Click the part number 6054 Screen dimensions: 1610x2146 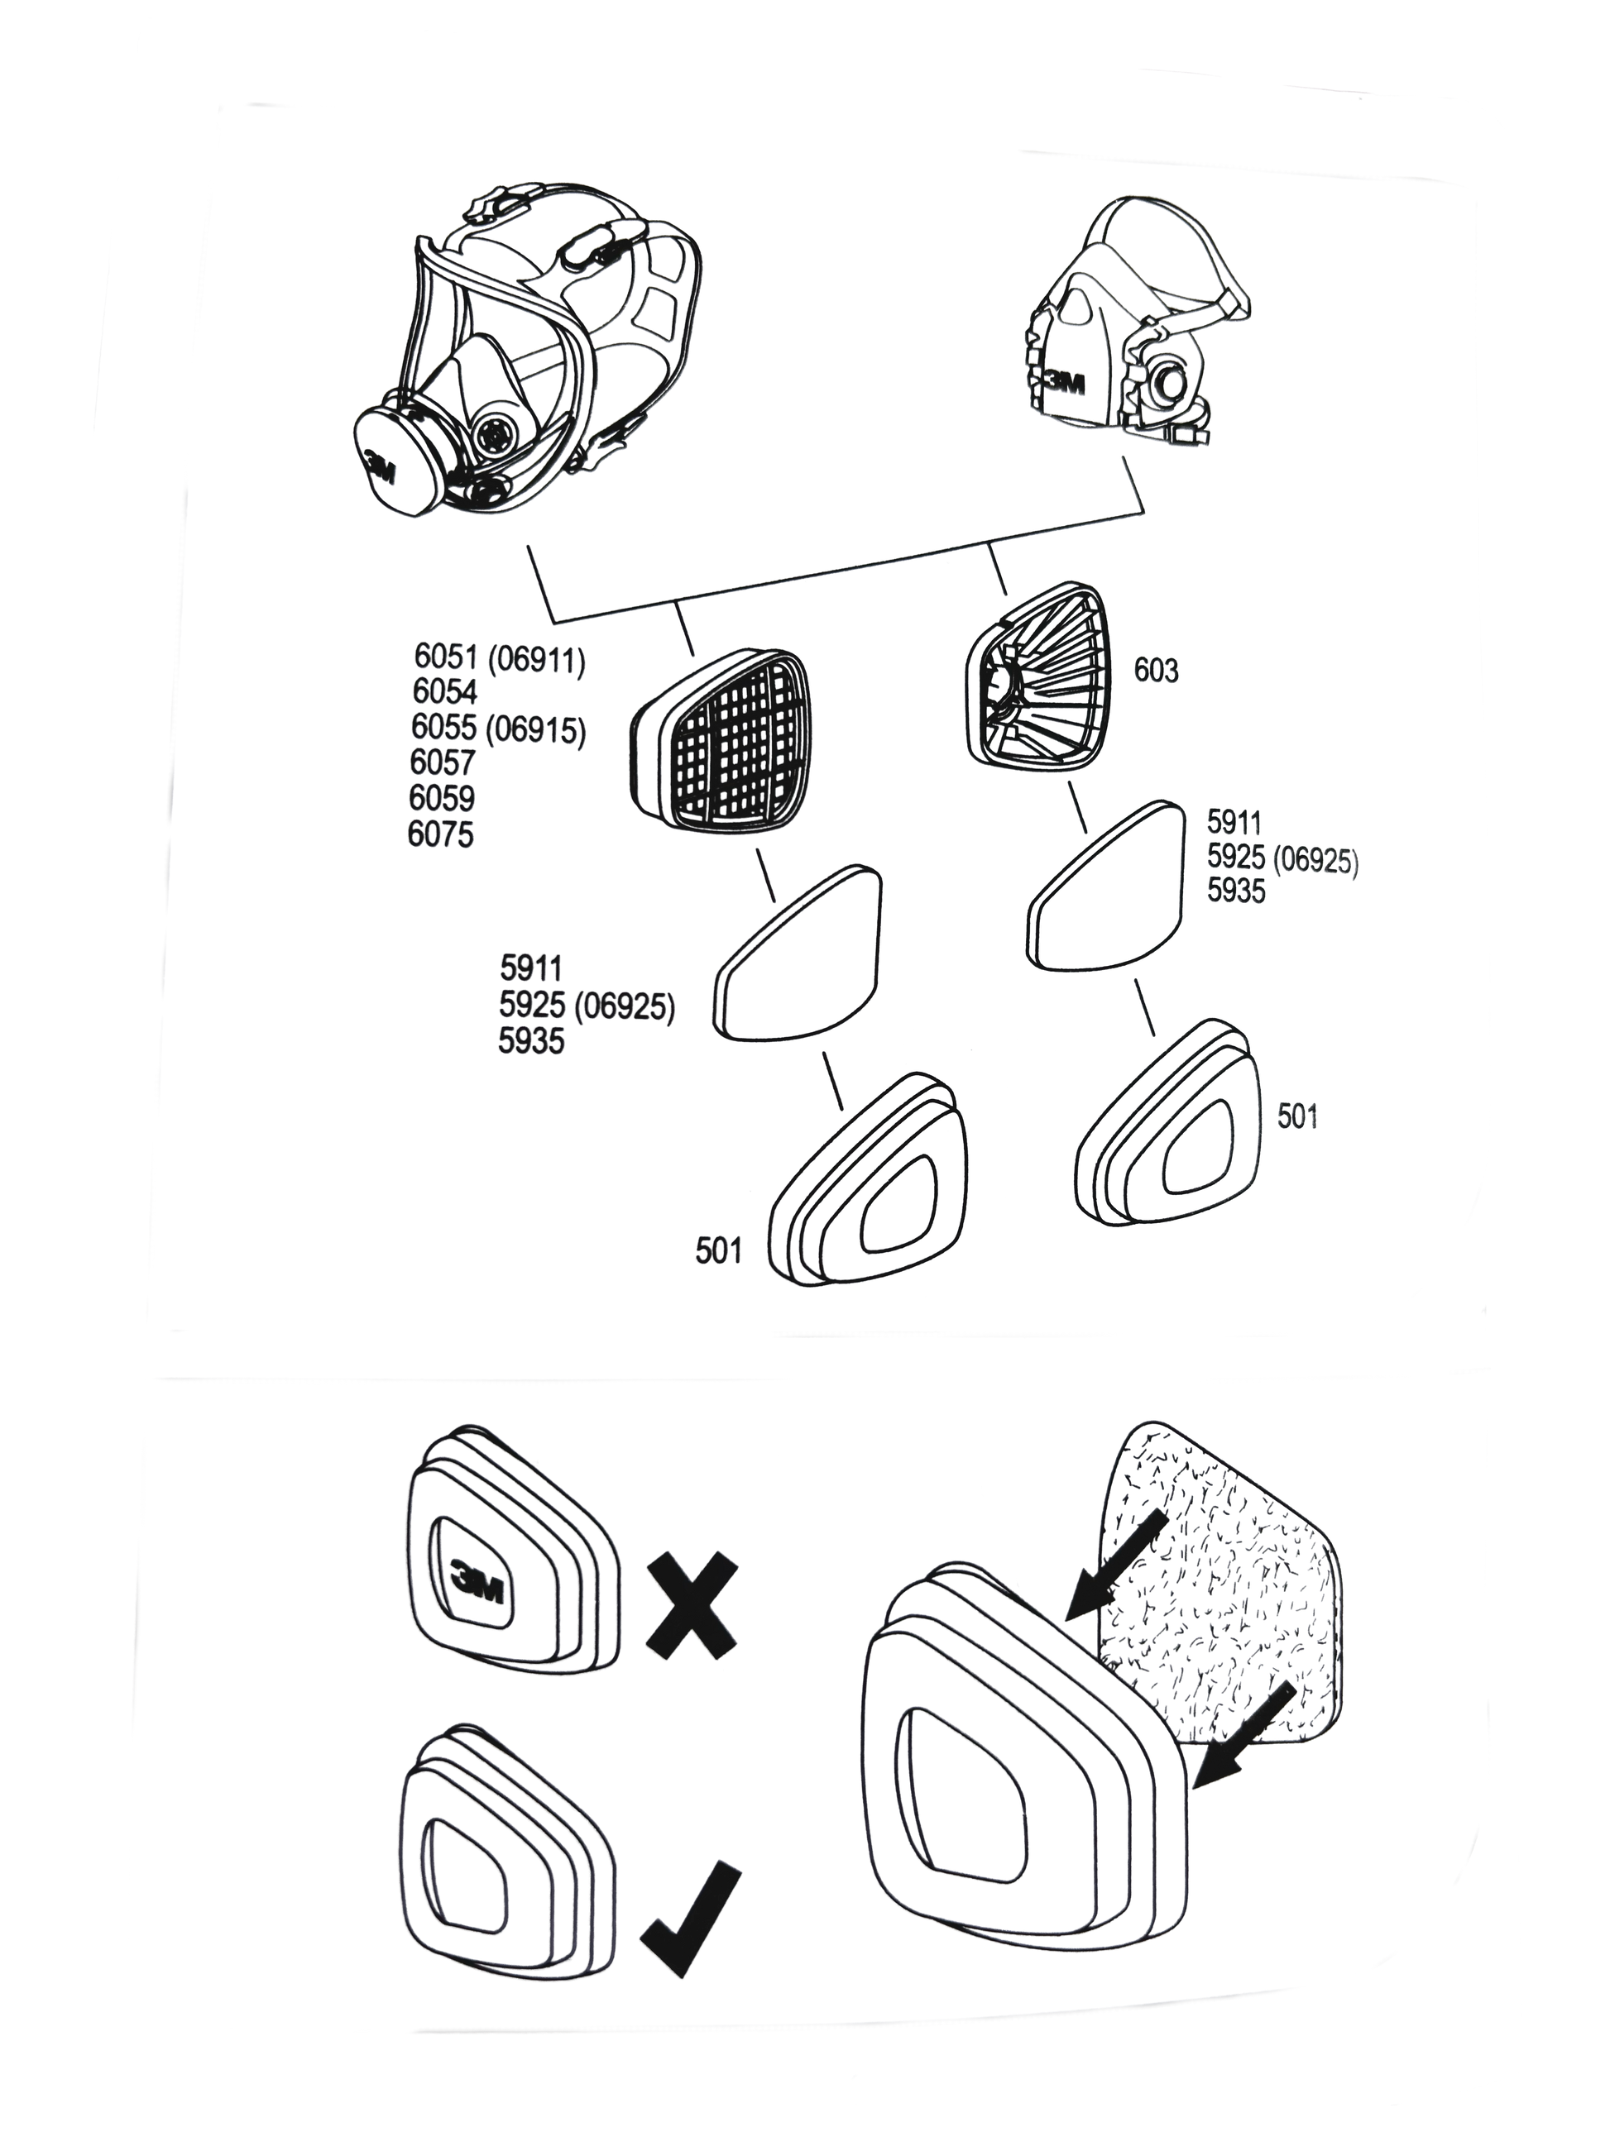pos(444,691)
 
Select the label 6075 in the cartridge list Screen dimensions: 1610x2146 pos(441,834)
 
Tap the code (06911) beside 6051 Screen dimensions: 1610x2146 pos(537,660)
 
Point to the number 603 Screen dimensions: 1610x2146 pos(1156,671)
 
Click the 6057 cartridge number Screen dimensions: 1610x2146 pos(443,762)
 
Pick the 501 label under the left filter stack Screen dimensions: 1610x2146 pos(718,1251)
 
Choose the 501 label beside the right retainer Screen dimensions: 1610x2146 pos(1297,1116)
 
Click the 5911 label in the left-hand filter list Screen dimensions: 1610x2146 pos(531,968)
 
